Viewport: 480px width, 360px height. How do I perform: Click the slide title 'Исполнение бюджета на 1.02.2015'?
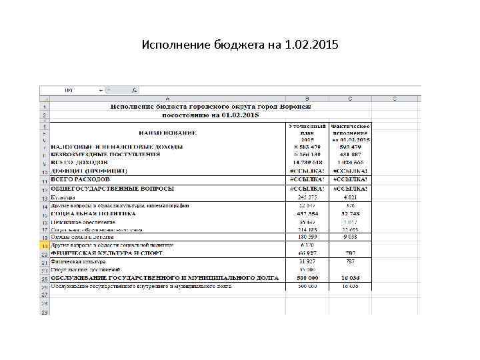click(240, 46)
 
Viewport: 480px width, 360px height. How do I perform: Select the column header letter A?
click(167, 99)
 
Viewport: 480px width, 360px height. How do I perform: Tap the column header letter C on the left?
click(349, 99)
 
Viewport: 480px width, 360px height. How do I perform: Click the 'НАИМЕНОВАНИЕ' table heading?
click(167, 133)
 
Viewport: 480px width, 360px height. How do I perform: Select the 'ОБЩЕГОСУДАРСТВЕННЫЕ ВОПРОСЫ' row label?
click(112, 189)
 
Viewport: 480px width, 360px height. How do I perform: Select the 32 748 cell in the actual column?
click(350, 213)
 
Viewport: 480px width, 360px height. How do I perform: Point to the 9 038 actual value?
click(350, 237)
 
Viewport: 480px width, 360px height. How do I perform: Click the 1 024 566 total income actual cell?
click(350, 162)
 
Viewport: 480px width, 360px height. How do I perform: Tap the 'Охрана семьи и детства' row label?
click(83, 237)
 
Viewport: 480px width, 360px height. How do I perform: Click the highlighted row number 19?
click(44, 245)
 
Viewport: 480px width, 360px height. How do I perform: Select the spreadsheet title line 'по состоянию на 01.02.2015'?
click(211, 115)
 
